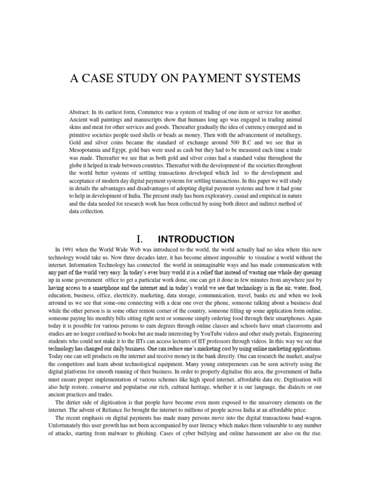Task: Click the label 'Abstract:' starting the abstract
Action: [81, 112]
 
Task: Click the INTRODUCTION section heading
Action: [196, 239]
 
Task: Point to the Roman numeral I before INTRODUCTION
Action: [139, 239]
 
